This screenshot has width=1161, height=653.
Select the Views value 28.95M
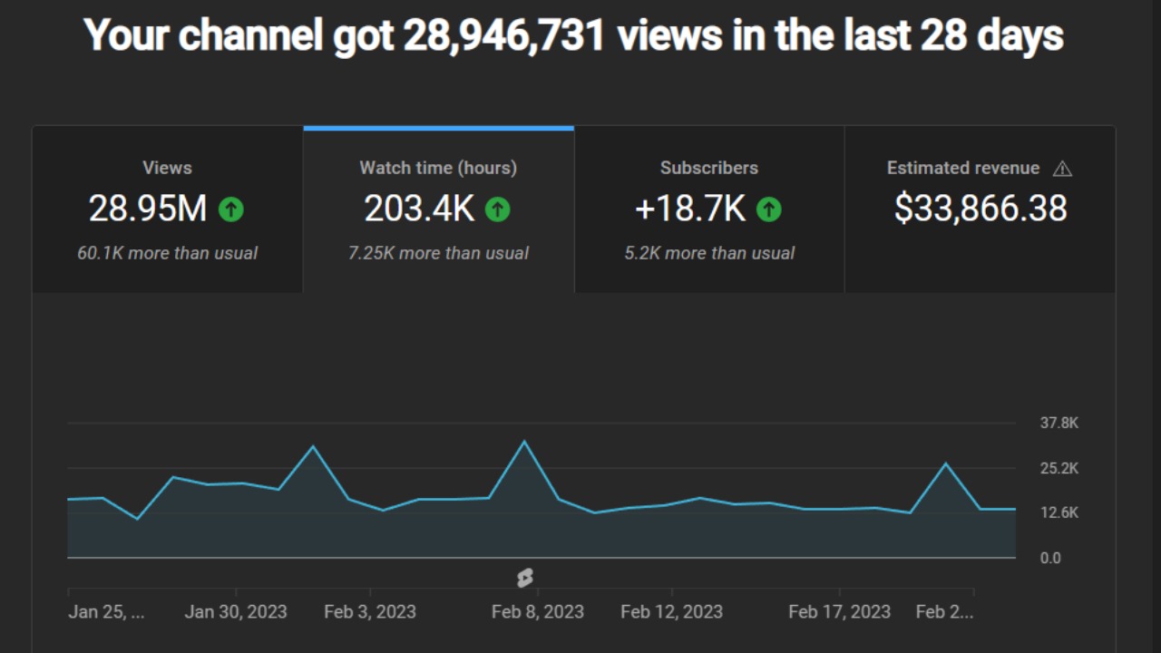coord(148,210)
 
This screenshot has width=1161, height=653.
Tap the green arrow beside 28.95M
coord(230,210)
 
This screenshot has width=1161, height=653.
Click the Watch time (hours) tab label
coord(438,168)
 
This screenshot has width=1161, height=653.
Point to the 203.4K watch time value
coord(419,210)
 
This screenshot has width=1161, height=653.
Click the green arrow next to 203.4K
coord(497,210)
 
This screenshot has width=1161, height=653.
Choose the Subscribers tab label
coord(709,168)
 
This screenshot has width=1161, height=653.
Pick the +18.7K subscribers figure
coord(690,210)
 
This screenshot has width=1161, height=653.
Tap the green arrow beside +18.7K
coord(768,210)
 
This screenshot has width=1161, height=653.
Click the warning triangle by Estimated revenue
coord(1062,169)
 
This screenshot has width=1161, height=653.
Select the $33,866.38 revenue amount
coord(981,210)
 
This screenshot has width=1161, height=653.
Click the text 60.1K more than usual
coord(167,253)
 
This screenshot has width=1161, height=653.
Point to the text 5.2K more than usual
coord(709,253)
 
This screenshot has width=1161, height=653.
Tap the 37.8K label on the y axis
coord(1059,423)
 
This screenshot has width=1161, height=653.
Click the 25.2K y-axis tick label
coord(1059,468)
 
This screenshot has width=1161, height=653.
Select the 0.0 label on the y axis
coord(1050,558)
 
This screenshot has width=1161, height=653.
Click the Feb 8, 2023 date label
coord(537,611)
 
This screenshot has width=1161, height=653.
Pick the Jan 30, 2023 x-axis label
coord(236,611)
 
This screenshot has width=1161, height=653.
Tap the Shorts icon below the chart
coord(524,578)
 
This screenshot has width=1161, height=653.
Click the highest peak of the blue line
coord(524,442)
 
